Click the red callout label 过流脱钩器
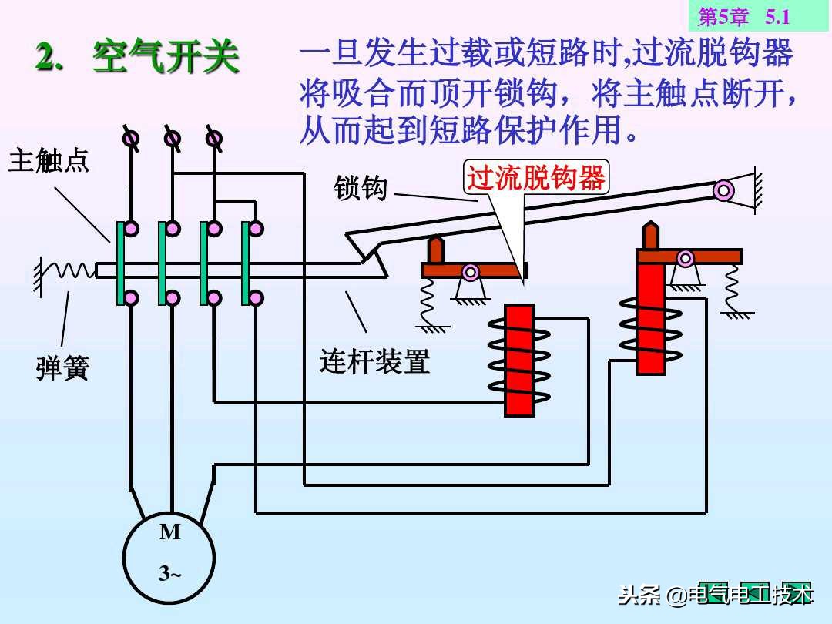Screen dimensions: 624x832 tap(536, 178)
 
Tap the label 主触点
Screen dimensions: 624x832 tap(49, 161)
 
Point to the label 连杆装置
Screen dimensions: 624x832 tap(374, 361)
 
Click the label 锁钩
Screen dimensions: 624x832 tap(361, 187)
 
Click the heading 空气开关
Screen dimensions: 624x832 tap(166, 58)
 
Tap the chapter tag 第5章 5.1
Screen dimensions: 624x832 tap(744, 16)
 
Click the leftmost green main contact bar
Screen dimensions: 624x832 tap(121, 263)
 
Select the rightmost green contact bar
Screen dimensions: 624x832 tap(246, 263)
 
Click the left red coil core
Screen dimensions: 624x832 tap(519, 360)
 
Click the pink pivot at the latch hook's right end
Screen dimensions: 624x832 tap(723, 190)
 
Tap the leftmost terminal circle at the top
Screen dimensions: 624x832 tap(132, 139)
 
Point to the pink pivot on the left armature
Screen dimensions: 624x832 tap(470, 271)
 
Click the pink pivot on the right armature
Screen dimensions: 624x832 tap(685, 258)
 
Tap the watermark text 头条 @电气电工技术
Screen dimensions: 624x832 tap(716, 595)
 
